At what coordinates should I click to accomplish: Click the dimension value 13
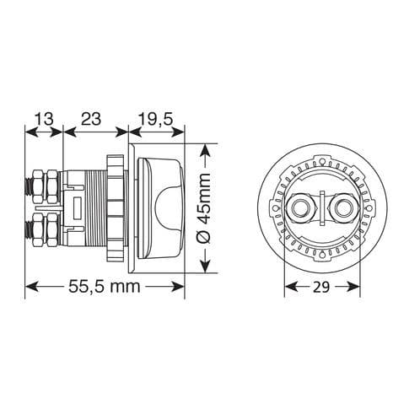44,119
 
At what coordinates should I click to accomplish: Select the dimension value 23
91,119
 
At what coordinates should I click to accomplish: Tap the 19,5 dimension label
155,120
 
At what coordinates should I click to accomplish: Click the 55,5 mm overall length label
105,287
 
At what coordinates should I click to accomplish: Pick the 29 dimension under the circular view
321,288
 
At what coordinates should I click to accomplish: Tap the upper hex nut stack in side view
46,186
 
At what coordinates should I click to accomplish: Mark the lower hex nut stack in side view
46,229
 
